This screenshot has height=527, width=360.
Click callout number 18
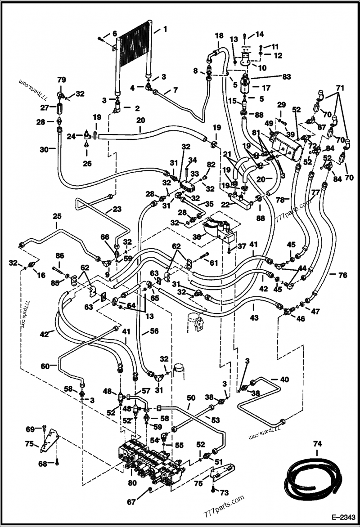point(219,36)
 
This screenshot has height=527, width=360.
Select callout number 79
point(61,80)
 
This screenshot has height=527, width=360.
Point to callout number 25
point(57,216)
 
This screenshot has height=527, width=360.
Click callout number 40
point(284,380)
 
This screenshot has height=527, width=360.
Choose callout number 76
point(342,275)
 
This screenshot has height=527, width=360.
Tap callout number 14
point(260,35)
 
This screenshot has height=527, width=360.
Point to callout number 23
point(117,209)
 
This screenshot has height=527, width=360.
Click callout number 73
point(224,493)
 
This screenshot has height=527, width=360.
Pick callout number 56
point(154,331)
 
